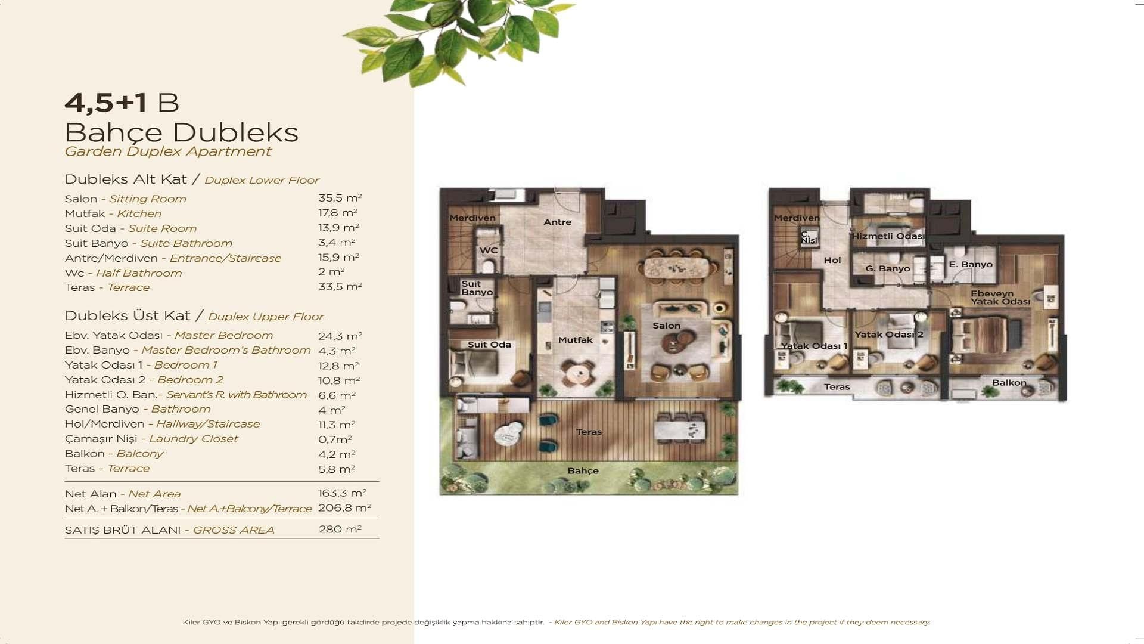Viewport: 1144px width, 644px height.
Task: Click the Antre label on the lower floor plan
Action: click(x=557, y=222)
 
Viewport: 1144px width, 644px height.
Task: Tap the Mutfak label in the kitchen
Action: click(x=575, y=340)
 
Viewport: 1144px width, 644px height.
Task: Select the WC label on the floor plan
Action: click(x=489, y=250)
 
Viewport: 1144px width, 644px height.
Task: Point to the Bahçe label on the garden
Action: click(x=583, y=471)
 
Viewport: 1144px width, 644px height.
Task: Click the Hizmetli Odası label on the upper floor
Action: click(x=888, y=236)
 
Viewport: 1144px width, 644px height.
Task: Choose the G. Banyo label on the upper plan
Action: click(x=888, y=269)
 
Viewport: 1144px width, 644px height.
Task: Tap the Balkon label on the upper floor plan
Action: click(x=1009, y=383)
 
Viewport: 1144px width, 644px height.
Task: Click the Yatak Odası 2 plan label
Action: click(x=888, y=335)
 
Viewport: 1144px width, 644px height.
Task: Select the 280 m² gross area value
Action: click(x=340, y=529)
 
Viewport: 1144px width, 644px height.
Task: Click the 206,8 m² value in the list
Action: click(x=344, y=508)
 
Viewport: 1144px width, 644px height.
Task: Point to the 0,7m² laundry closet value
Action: click(x=335, y=439)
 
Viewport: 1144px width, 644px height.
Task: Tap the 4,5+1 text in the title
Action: click(x=105, y=103)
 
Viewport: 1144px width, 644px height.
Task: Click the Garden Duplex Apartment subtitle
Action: click(x=167, y=151)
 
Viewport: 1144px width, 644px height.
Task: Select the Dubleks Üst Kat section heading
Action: click(x=128, y=315)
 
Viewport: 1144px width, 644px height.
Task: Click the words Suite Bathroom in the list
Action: click(x=186, y=243)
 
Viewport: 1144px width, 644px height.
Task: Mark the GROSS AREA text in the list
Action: click(x=233, y=530)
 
